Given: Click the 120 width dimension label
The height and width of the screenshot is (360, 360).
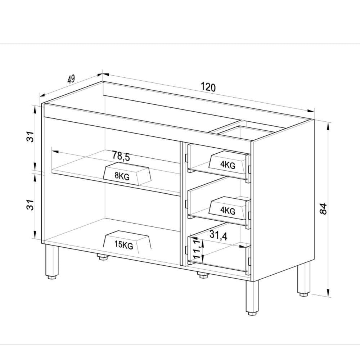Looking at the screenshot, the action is (208, 87).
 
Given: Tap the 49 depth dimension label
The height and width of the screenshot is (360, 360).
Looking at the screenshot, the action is (71, 79).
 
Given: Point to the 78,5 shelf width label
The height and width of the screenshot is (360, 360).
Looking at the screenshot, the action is (121, 156).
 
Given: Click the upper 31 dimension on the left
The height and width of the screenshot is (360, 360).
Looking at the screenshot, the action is (31, 137).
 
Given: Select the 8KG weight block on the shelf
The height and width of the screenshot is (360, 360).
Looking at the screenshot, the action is (126, 174).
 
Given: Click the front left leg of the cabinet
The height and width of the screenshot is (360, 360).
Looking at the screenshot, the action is (51, 261).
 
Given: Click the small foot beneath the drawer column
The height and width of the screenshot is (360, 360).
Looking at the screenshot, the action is (202, 275).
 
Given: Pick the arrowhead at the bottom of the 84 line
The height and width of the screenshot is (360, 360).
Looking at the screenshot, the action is (329, 293).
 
